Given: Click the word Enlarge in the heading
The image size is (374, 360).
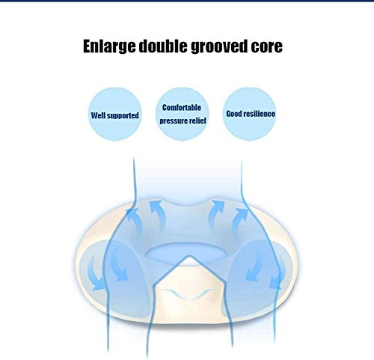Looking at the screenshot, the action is (x=109, y=46).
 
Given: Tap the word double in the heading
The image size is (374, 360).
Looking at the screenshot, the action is (x=163, y=46).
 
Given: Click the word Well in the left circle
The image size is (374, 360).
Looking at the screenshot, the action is (x=98, y=115).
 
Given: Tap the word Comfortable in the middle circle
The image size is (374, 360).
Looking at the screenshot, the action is (x=182, y=108).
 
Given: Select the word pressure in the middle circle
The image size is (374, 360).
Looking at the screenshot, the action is (x=172, y=121).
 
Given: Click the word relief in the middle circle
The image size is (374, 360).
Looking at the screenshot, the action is (x=196, y=120).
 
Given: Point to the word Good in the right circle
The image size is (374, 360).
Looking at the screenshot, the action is (x=234, y=114).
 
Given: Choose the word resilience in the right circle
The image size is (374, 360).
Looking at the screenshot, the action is (x=260, y=114).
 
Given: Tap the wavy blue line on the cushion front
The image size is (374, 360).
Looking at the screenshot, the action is (x=188, y=294).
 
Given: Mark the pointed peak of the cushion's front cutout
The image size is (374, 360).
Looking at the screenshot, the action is (x=189, y=256).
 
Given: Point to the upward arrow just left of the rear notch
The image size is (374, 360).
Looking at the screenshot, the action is (x=158, y=214).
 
